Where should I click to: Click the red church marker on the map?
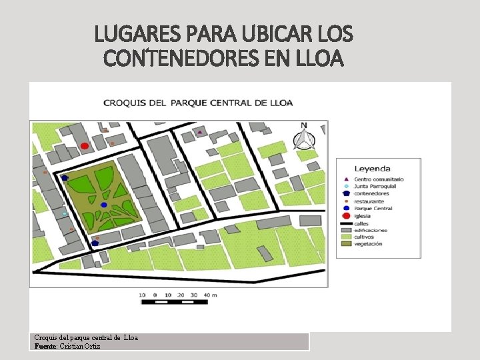(85, 146)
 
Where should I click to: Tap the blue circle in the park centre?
(104, 205)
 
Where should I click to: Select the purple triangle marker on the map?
(200, 132)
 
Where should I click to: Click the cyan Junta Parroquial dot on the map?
(65, 213)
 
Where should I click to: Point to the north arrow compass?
(304, 137)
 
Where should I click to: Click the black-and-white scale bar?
(175, 302)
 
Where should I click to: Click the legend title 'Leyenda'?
(372, 169)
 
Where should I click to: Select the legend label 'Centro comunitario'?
(379, 179)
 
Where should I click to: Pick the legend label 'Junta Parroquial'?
(375, 187)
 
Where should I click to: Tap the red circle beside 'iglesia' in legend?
(345, 216)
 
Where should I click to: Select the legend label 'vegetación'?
(369, 244)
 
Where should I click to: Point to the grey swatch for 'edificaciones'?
(345, 230)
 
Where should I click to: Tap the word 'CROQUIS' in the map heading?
(124, 103)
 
